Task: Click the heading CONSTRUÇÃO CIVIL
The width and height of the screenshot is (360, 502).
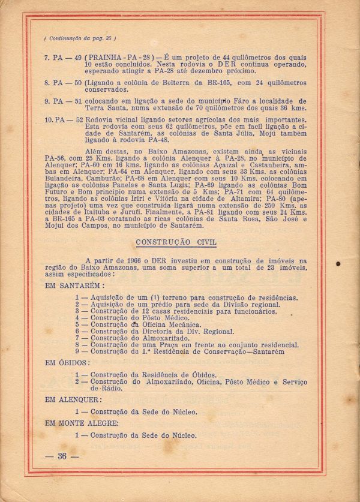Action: pos(176,242)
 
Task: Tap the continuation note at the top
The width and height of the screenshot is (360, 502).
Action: pos(80,38)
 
